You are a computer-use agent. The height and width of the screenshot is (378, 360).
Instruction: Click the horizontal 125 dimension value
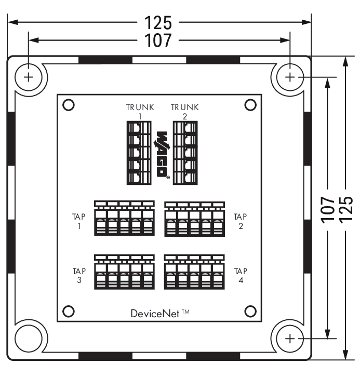click(x=158, y=23)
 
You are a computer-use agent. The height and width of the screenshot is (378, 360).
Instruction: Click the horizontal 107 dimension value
click(x=158, y=40)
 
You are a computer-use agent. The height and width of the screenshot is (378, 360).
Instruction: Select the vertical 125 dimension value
click(x=346, y=209)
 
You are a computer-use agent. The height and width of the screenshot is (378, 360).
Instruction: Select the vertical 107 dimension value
click(x=328, y=209)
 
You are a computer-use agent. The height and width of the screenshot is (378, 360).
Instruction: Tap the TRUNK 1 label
click(x=140, y=112)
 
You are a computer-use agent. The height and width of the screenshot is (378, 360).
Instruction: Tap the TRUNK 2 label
click(x=185, y=112)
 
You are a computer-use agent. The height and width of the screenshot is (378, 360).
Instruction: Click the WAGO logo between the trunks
click(x=162, y=155)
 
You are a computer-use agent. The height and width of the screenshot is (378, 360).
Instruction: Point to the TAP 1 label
click(x=78, y=221)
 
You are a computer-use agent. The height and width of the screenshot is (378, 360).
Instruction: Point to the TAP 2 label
click(x=241, y=221)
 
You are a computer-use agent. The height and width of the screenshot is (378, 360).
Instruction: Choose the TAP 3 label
click(x=79, y=275)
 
